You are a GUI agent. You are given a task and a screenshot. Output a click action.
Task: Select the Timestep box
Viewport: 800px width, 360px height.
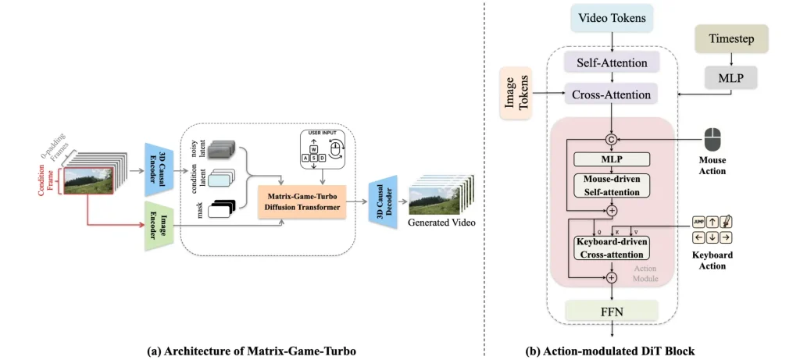point(732,37)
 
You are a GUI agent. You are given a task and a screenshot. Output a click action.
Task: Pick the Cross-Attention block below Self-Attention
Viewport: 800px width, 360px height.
point(612,95)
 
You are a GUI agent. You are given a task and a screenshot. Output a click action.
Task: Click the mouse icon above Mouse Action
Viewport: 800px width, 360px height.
point(712,140)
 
